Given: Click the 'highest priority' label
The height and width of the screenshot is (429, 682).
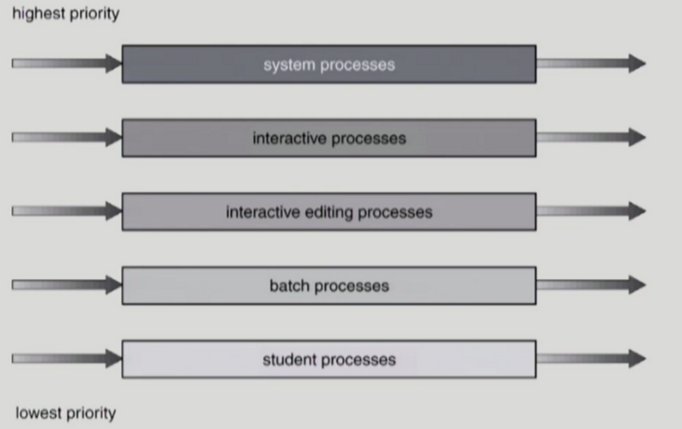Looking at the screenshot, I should tap(65, 14).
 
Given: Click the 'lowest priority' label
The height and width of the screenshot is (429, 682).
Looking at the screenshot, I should tap(65, 413).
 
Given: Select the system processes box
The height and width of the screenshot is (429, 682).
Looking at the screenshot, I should tap(328, 64).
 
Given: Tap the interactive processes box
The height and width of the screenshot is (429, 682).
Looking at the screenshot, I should tap(328, 138).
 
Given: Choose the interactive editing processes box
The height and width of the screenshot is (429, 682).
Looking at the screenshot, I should tap(328, 212).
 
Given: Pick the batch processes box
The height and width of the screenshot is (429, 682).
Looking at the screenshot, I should tap(328, 285).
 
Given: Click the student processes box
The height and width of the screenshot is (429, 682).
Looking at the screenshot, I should tap(328, 359).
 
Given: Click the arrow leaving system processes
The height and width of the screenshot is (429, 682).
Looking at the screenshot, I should tap(591, 64).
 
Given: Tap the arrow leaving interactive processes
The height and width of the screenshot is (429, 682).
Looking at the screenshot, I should tap(591, 138).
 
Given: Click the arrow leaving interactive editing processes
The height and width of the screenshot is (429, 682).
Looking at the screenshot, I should tap(591, 212).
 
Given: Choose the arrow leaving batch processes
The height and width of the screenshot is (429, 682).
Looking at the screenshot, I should tap(591, 285).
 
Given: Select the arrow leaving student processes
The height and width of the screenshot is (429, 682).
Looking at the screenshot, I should tap(591, 359).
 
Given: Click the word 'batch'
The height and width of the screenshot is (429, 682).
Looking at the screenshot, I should tap(289, 285).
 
